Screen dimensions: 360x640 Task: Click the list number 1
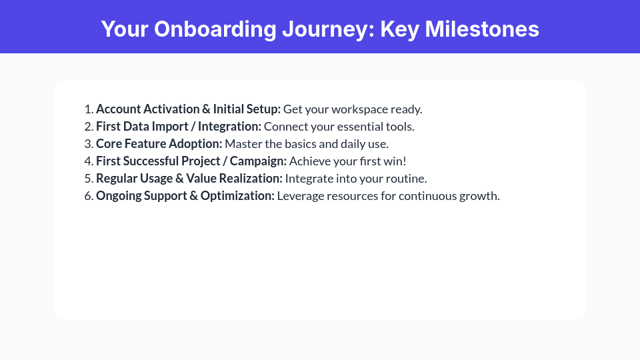coord(87,109)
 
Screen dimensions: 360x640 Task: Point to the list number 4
coord(87,161)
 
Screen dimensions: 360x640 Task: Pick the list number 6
coord(87,196)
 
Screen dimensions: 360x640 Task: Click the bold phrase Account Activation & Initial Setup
coord(188,109)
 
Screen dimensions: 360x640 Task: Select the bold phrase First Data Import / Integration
coord(179,127)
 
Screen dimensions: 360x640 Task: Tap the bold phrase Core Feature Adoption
coord(159,144)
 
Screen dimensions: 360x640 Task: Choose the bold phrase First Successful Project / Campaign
coord(191,161)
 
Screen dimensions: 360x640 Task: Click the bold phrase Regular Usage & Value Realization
coord(189,179)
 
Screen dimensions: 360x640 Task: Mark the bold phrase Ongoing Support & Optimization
coord(185,196)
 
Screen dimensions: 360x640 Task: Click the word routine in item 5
coord(407,179)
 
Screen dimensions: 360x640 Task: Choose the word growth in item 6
coord(481,196)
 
